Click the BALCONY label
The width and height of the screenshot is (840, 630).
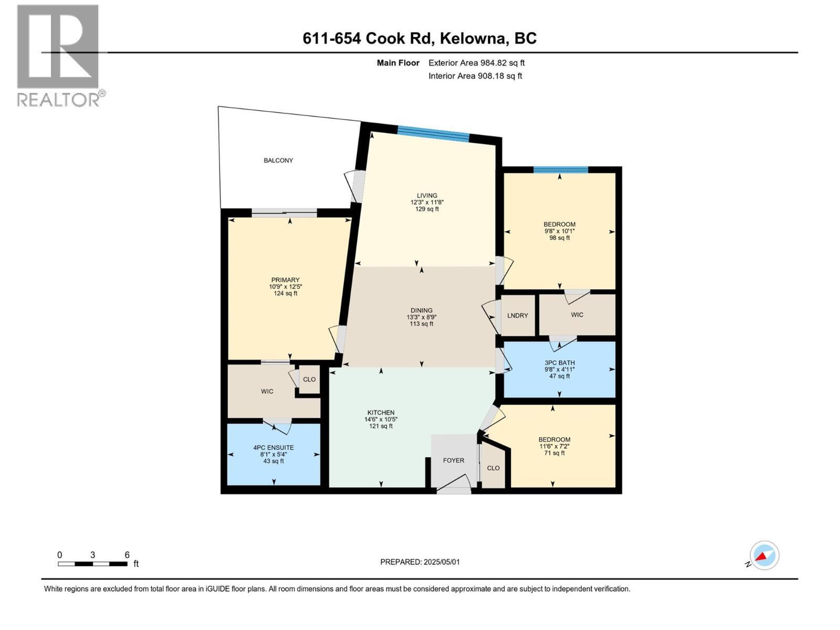click(x=278, y=160)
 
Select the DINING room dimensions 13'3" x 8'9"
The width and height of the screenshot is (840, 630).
click(x=422, y=317)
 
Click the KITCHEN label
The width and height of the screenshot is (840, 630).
click(x=381, y=413)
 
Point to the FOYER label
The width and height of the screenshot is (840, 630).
click(x=454, y=460)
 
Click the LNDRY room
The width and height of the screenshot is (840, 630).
click(x=518, y=315)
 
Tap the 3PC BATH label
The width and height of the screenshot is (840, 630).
click(x=560, y=363)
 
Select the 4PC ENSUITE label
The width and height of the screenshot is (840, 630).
click(x=274, y=448)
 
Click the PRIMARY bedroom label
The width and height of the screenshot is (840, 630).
click(x=285, y=280)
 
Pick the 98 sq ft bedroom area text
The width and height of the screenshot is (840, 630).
click(x=560, y=238)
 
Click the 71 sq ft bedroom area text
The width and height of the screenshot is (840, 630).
click(x=554, y=453)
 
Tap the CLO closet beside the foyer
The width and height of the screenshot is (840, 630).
click(x=493, y=468)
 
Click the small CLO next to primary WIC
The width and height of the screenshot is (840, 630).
click(x=309, y=379)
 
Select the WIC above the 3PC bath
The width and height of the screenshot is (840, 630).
click(x=577, y=314)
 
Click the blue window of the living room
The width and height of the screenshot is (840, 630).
click(x=433, y=134)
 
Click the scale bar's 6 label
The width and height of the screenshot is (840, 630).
click(x=127, y=555)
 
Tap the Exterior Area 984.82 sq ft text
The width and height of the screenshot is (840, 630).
click(x=476, y=63)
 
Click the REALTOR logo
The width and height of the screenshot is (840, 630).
click(x=59, y=55)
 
